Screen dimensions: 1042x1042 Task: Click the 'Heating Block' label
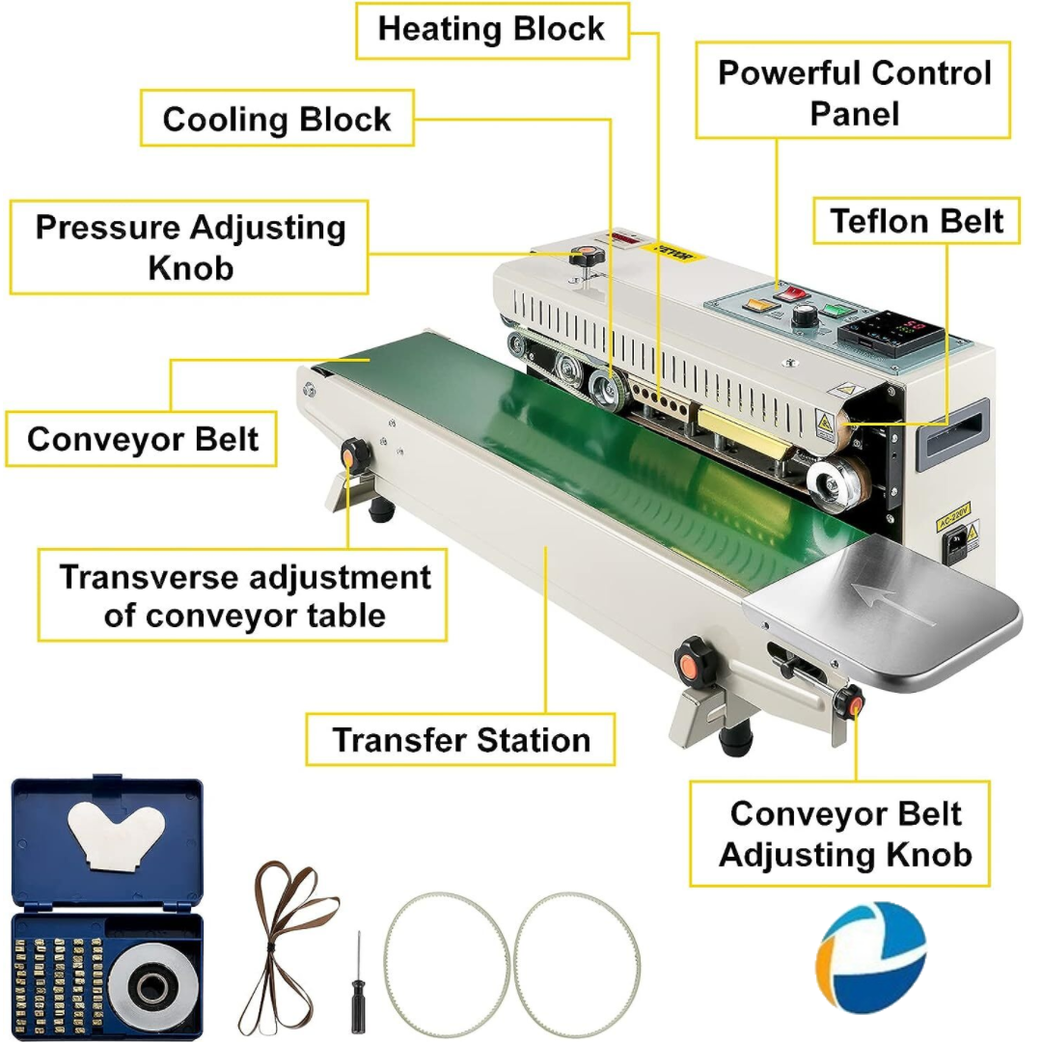tap(491, 29)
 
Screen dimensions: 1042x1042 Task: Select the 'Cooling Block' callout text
tap(277, 119)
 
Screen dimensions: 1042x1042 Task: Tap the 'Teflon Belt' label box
tap(917, 221)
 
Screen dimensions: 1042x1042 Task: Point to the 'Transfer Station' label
tap(461, 740)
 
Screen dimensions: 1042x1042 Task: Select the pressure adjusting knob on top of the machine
tap(585, 258)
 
